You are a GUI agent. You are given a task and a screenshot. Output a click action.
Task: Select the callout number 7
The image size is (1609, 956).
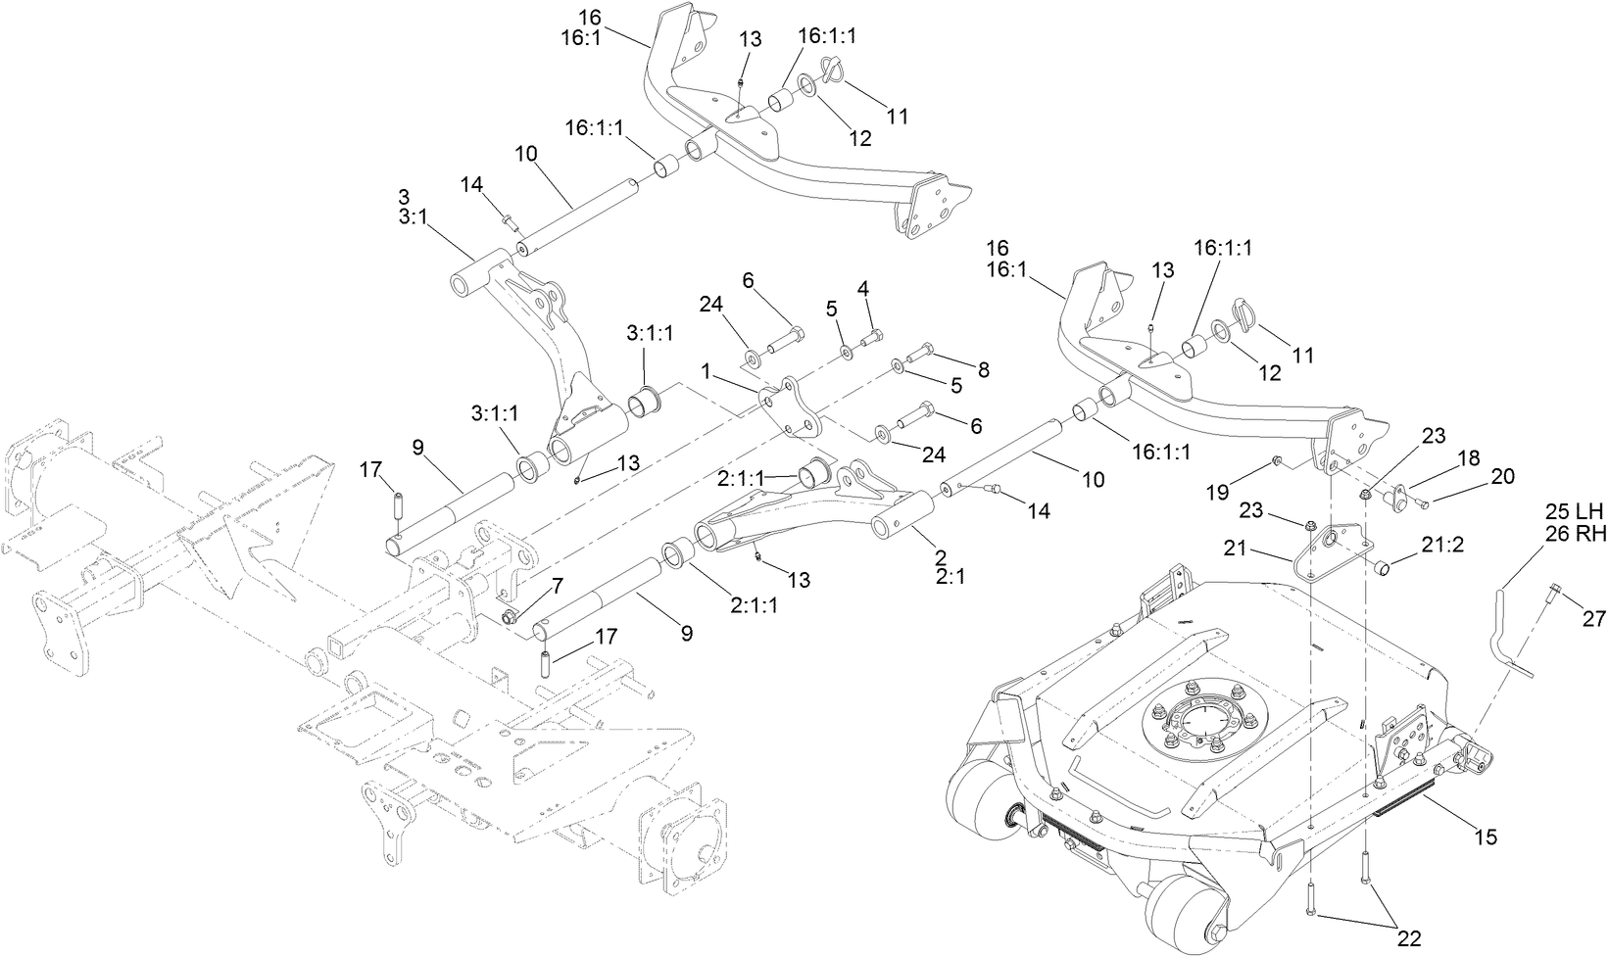pos(557,586)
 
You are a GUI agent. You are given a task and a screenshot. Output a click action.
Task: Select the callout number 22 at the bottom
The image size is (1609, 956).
pos(1408,938)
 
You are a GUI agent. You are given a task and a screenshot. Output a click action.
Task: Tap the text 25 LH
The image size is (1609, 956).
pos(1574,511)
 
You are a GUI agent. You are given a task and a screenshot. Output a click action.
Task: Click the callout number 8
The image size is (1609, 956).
pos(982,370)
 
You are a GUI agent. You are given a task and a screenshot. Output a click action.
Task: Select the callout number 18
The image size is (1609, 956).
pos(1467,457)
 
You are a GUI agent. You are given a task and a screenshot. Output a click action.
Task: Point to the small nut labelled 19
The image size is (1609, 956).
pos(1277,459)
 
